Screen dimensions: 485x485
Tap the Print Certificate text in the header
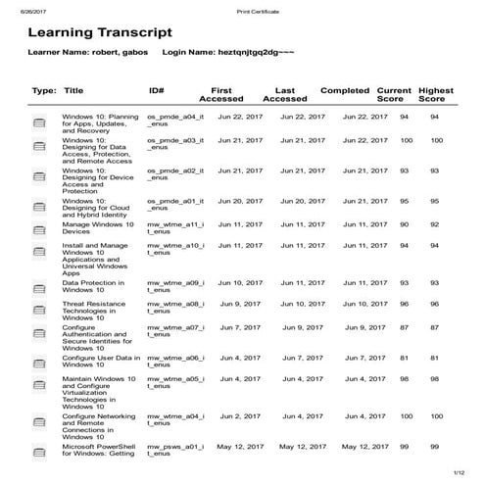[x=258, y=10]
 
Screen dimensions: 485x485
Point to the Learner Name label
[x=68, y=50]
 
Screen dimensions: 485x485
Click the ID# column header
[x=156, y=89]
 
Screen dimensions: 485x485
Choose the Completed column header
[x=345, y=89]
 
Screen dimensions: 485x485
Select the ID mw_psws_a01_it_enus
[x=174, y=452]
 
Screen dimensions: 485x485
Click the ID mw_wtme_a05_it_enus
[x=174, y=382]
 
